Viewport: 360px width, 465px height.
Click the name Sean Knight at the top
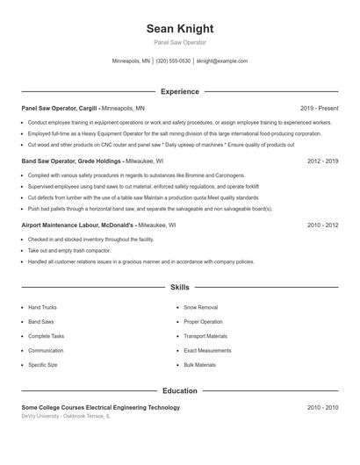click(x=179, y=28)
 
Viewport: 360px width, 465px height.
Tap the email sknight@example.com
click(x=222, y=61)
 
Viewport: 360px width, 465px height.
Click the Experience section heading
click(x=179, y=91)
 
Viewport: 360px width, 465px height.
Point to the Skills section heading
click(x=179, y=287)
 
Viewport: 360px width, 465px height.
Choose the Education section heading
click(x=179, y=390)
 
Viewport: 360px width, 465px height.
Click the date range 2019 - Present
click(x=319, y=108)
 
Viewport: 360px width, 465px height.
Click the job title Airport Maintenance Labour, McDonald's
click(x=77, y=225)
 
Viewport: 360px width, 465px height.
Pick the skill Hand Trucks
click(x=42, y=308)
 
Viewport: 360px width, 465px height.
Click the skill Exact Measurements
click(x=207, y=350)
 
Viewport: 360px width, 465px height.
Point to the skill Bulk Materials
click(x=199, y=365)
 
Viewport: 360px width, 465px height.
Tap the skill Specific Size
click(x=42, y=365)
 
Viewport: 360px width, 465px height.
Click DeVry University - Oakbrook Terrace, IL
click(x=67, y=416)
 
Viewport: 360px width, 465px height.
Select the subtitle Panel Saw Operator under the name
click(x=179, y=42)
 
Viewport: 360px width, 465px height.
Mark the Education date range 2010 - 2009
click(x=323, y=407)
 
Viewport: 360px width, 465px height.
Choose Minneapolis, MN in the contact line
click(x=131, y=61)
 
